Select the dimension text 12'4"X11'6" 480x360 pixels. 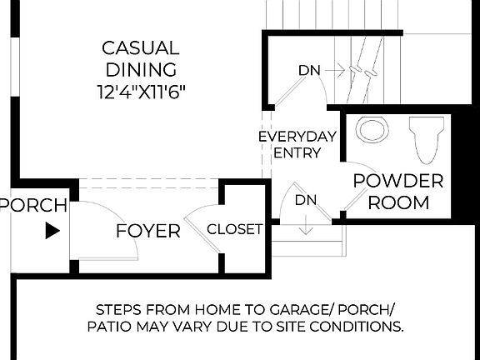[139, 90]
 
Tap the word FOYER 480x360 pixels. [148, 231]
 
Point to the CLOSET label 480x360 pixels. [234, 229]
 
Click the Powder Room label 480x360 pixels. [397, 191]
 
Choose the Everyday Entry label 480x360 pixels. [297, 144]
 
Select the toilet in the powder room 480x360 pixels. [427, 138]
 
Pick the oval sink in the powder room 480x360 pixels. [372, 130]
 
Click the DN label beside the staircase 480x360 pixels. [308, 71]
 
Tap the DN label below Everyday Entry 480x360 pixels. [306, 200]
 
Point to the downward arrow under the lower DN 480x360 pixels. [306, 223]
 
